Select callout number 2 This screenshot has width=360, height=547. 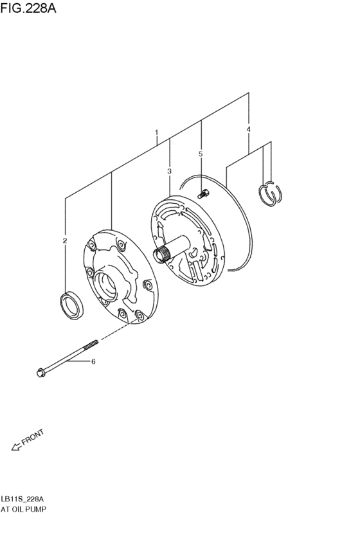coord(65,241)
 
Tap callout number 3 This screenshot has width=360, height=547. coord(169,171)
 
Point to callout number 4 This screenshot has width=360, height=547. coord(249,130)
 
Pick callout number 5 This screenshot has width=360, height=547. coord(201,154)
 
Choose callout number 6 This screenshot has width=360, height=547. coord(93,362)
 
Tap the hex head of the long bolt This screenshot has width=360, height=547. coord(41,372)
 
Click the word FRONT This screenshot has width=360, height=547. coord(32,438)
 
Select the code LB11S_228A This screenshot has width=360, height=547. coord(22,499)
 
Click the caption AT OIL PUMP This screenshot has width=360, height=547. coord(23,509)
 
